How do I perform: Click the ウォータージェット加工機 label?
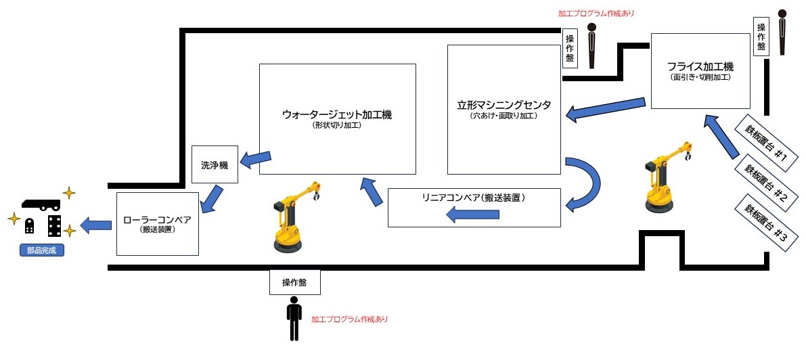tap(337, 115)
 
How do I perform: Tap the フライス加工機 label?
tap(700, 67)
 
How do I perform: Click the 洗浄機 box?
tap(215, 164)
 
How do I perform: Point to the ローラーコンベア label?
tap(157, 221)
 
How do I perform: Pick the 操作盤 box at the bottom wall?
tap(293, 282)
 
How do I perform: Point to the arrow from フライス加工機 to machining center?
tap(605, 109)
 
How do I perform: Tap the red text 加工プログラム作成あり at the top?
tap(596, 13)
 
